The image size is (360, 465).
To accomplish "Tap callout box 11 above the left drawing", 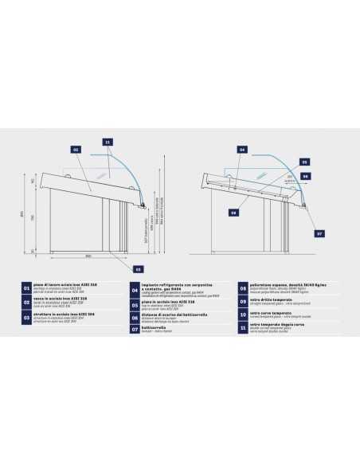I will tap(108, 141).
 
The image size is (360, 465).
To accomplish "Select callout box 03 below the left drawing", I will tap(138, 269).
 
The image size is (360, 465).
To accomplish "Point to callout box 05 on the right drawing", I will tap(304, 162).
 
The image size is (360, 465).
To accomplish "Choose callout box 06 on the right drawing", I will tap(305, 175).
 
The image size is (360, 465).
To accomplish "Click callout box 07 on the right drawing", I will tap(319, 234).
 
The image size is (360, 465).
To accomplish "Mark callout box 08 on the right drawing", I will tap(233, 213).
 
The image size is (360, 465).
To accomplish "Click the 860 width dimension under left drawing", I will tap(87, 256).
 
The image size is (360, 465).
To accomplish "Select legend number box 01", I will tap(26, 288).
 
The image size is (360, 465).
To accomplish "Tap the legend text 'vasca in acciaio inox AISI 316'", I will tap(61, 301).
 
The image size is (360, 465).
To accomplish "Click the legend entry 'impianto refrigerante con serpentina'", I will tap(173, 285).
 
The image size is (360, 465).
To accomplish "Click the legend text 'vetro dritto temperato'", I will tap(272, 300).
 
